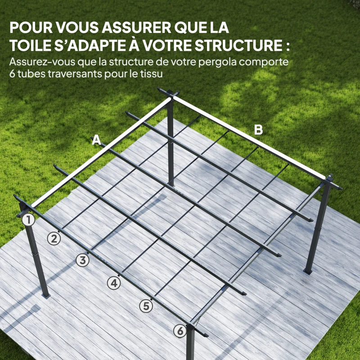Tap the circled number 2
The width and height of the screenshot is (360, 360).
click(54, 238)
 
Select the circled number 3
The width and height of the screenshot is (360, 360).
click(82, 260)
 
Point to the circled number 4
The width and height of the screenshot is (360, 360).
click(114, 283)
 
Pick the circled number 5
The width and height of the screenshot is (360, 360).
click(145, 306)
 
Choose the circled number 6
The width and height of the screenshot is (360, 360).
click(180, 331)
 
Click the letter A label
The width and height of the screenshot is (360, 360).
click(96, 140)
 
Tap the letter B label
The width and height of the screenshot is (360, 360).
click(258, 130)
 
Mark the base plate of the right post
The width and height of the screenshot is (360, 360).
click(309, 271)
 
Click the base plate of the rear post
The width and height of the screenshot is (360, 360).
click(171, 183)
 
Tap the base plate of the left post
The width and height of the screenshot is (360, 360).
click(45, 296)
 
